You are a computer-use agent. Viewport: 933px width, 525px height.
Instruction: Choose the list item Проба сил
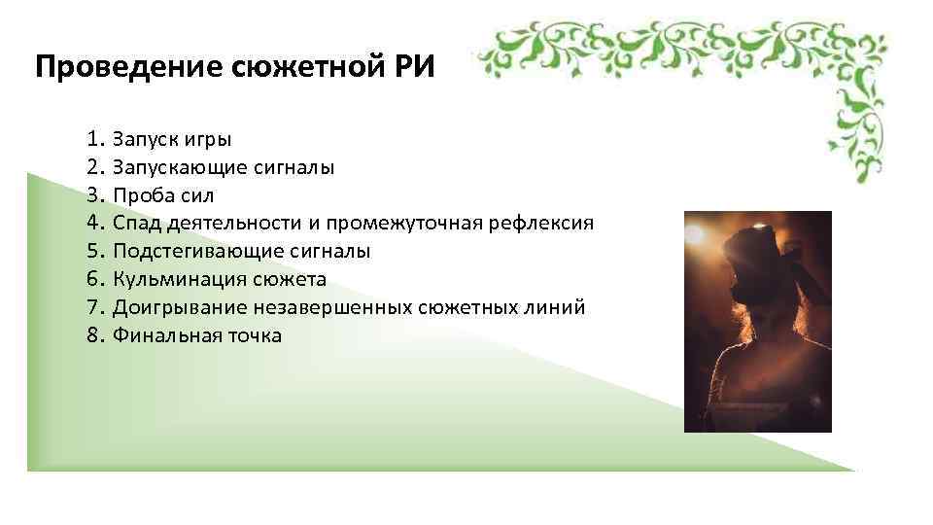tap(163, 195)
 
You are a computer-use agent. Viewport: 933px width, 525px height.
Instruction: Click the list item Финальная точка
tap(197, 336)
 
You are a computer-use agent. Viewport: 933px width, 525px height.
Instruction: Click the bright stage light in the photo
tap(694, 234)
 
